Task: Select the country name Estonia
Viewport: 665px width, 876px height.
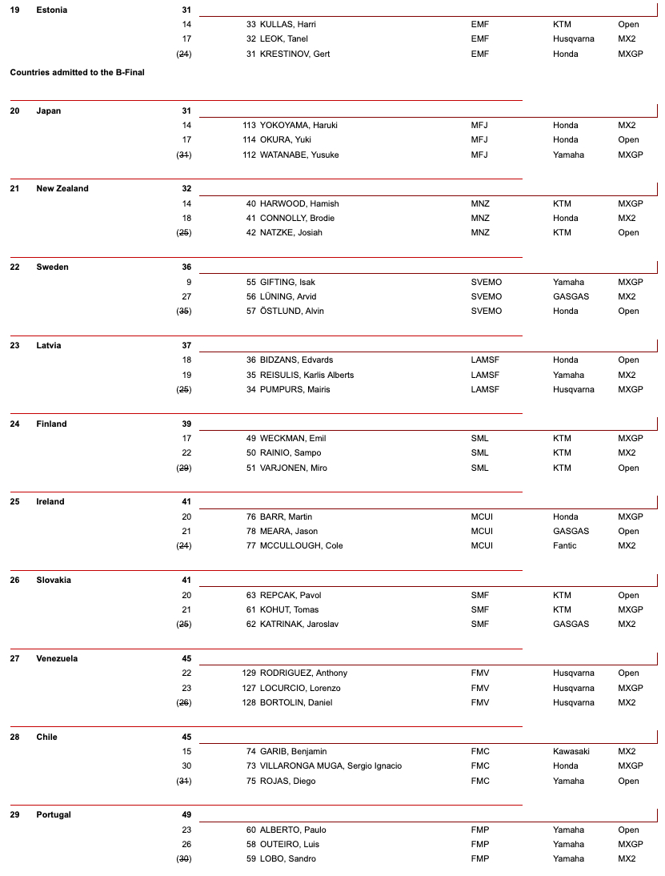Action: tap(51, 10)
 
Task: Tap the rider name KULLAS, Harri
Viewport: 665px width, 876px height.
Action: tap(287, 24)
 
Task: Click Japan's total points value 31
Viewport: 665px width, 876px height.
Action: tap(186, 111)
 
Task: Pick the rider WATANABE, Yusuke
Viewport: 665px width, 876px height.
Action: tap(298, 155)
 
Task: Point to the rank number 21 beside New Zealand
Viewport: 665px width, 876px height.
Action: tap(14, 189)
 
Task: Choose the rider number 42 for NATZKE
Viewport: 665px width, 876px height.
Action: tap(251, 233)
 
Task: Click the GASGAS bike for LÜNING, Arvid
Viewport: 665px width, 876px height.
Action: tap(571, 296)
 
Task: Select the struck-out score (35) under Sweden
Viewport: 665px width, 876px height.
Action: tap(184, 311)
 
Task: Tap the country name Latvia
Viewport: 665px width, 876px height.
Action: tap(48, 345)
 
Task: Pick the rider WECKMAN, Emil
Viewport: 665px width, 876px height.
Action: tap(292, 438)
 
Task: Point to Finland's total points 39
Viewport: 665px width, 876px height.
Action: tap(186, 424)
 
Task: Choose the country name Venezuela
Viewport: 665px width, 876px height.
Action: tap(57, 658)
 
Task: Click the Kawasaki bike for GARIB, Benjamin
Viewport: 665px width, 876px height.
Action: tap(572, 751)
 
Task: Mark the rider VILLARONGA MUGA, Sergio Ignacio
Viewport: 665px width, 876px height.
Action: tap(330, 766)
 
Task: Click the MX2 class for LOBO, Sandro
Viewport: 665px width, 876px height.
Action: tap(627, 859)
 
